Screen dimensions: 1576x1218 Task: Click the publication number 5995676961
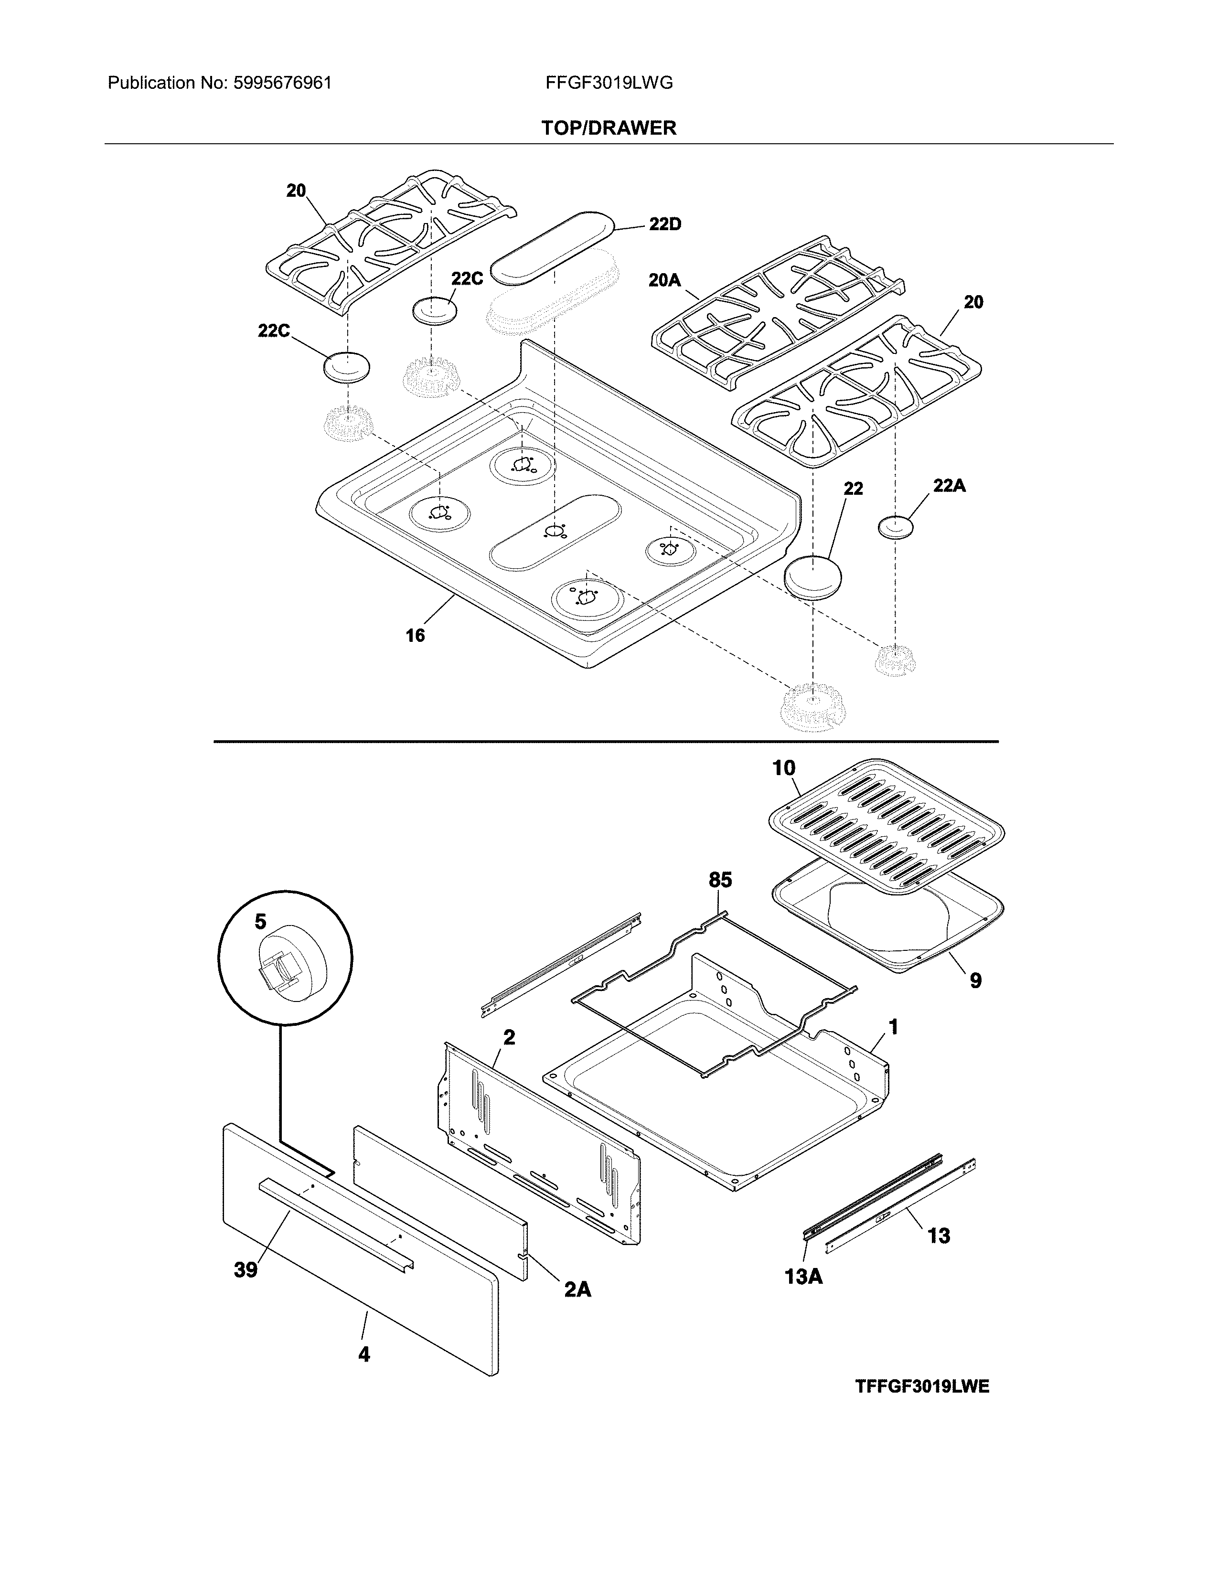[282, 83]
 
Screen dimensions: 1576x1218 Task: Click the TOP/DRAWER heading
[609, 128]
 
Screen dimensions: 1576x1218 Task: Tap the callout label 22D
[664, 224]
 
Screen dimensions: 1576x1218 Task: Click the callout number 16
[415, 636]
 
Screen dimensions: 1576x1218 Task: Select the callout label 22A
[949, 486]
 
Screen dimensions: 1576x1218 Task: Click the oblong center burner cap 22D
[552, 247]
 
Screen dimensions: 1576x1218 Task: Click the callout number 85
[720, 880]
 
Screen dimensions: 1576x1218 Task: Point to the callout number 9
[975, 980]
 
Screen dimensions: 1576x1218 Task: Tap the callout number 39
[246, 1270]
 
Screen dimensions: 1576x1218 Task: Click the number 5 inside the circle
[260, 922]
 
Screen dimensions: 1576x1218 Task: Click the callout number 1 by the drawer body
[893, 1027]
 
